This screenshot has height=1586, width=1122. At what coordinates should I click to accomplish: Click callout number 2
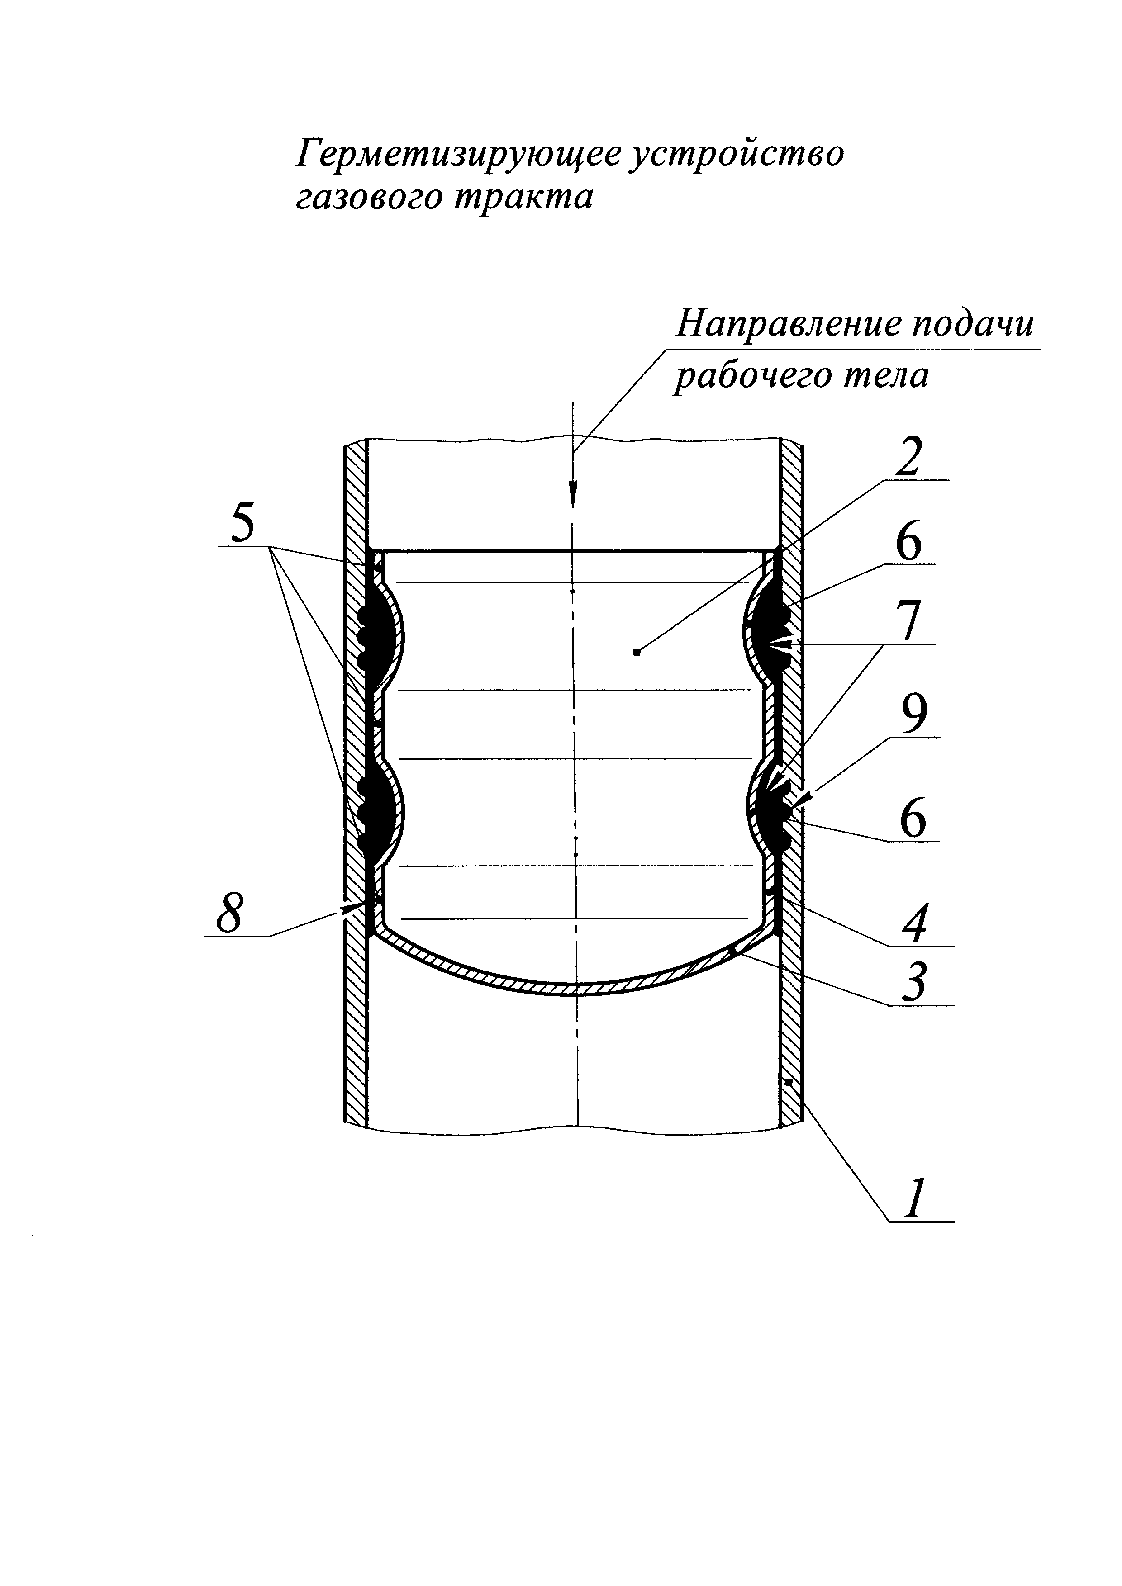908,456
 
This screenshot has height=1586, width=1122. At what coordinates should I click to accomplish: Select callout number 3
913,981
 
